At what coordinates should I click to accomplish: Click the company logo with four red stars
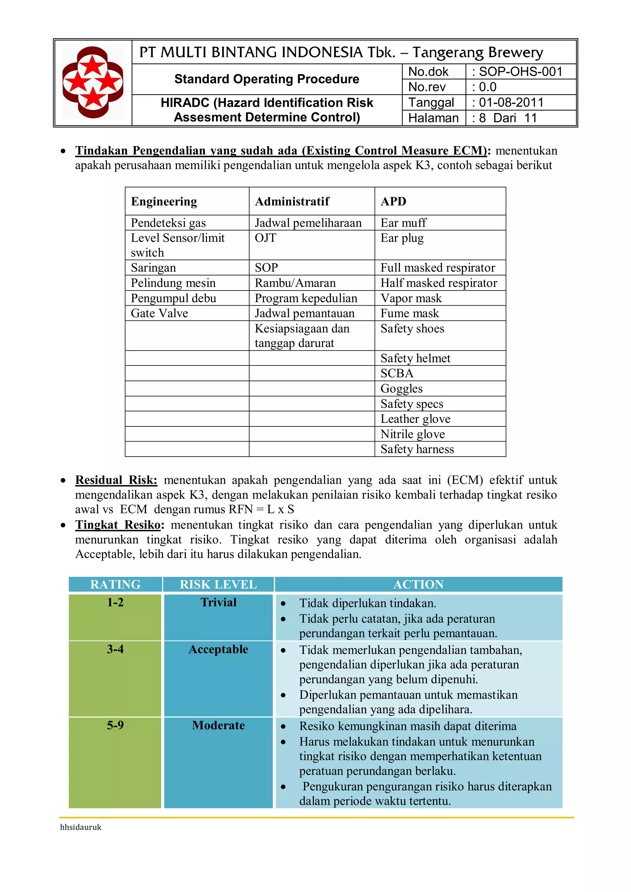[x=93, y=82]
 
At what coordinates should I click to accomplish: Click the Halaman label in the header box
[x=433, y=118]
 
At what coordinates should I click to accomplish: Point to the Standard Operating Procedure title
[x=267, y=79]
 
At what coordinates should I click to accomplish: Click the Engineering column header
[x=164, y=202]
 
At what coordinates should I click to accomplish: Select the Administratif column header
[x=292, y=202]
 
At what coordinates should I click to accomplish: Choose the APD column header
[x=393, y=202]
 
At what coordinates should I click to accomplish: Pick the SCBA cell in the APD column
[x=397, y=373]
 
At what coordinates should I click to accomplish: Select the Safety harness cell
[x=417, y=450]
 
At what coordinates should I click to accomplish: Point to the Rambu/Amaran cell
[x=295, y=283]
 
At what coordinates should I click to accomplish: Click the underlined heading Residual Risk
[x=116, y=480]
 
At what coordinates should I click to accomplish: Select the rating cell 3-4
[x=116, y=649]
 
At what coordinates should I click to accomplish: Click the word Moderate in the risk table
[x=218, y=725]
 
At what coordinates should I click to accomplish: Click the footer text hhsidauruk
[x=81, y=827]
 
